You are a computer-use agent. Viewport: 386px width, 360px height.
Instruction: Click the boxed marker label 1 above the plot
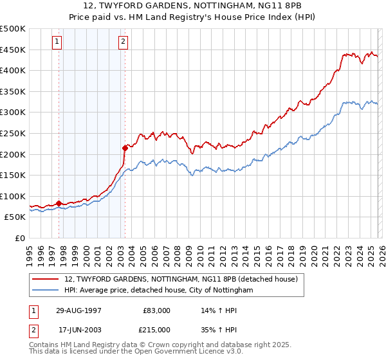(x=58, y=42)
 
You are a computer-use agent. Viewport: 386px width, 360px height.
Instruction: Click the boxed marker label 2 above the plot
(x=123, y=42)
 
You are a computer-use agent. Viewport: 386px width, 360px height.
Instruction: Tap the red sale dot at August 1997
(x=59, y=203)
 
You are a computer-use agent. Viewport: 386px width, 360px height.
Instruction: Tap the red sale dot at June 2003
(x=125, y=148)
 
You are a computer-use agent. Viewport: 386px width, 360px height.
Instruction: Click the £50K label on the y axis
(x=15, y=217)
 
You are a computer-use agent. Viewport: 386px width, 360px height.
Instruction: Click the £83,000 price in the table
(x=156, y=310)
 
